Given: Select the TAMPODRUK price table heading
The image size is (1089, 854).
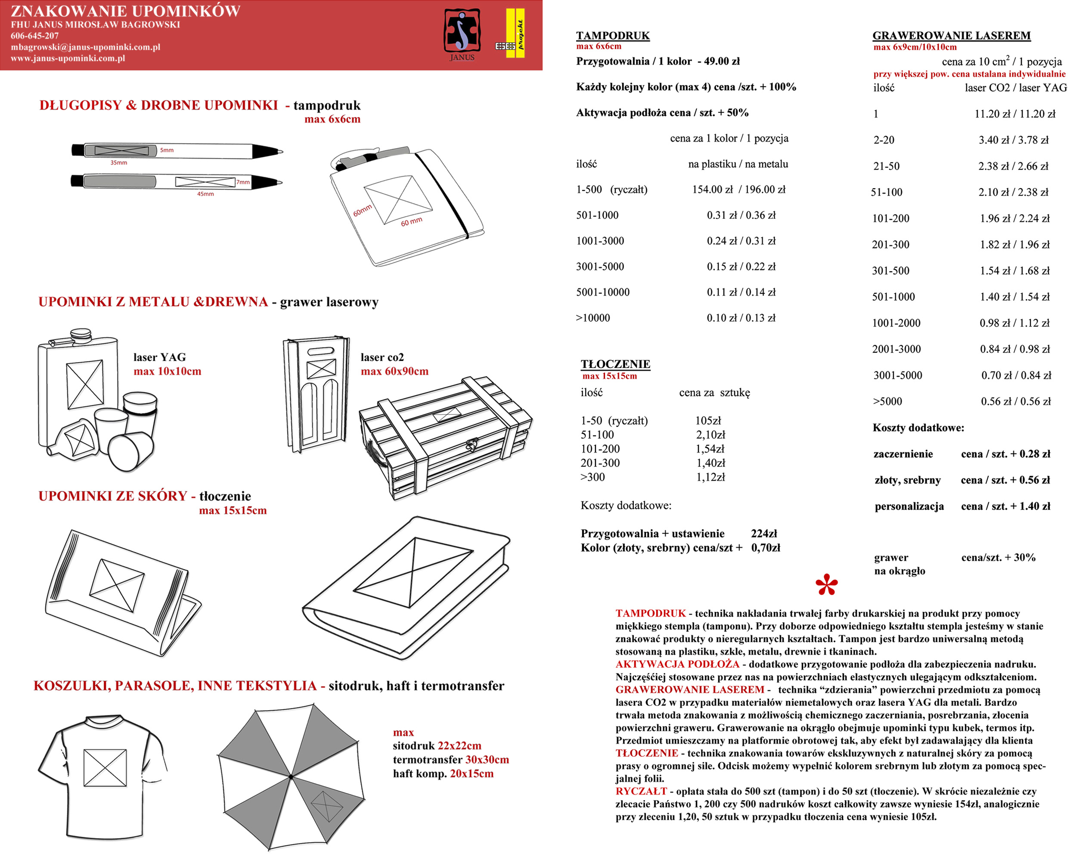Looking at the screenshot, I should tap(612, 35).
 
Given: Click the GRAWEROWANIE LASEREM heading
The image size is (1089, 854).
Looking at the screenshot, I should tap(951, 35).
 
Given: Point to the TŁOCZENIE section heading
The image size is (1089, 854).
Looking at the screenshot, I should tap(615, 364).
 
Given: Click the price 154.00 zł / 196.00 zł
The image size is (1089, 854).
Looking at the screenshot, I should tap(738, 189).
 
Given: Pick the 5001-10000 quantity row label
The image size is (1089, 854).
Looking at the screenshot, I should tap(602, 292).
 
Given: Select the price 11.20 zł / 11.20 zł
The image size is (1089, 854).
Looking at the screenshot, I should tap(1015, 114).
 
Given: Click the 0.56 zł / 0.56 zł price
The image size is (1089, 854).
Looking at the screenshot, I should tap(1015, 401).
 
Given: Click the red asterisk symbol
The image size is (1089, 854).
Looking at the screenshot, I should tap(826, 584).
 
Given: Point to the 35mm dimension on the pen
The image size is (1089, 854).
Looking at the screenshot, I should tap(118, 163).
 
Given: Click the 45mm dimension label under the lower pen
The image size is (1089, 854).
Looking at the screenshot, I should tap(205, 194).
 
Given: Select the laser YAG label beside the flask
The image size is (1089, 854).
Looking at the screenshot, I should tap(159, 357).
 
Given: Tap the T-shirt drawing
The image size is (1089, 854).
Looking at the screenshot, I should tap(102, 777).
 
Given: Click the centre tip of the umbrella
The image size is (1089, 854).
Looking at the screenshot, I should tap(291, 776).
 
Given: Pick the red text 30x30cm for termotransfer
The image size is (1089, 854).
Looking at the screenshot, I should tap(487, 760).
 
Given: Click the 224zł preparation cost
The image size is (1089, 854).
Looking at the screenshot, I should tap(763, 534).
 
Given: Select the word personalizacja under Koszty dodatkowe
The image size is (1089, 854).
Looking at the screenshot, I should tap(909, 506).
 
